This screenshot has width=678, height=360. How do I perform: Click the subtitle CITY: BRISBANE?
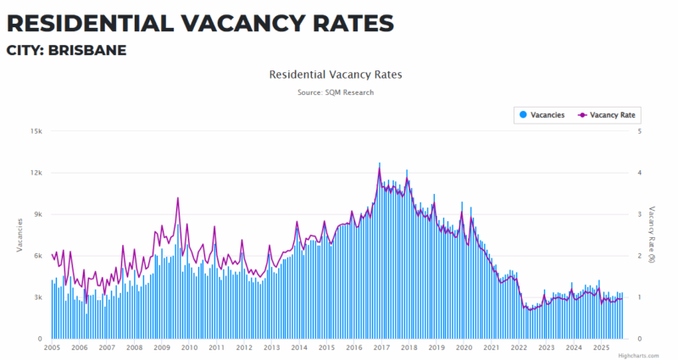tap(67, 51)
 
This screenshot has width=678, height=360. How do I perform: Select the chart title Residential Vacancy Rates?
tap(336, 75)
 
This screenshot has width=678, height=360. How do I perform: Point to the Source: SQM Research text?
tap(336, 92)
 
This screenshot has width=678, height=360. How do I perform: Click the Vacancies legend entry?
tap(542, 114)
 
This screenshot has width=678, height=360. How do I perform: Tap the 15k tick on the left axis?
tap(36, 131)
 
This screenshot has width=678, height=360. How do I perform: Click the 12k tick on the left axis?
tap(36, 173)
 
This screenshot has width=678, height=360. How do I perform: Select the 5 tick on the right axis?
tap(639, 131)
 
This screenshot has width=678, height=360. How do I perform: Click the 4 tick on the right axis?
tap(639, 173)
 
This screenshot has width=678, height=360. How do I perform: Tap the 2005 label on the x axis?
tap(52, 347)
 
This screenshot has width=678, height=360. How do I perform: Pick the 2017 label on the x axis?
tap(381, 347)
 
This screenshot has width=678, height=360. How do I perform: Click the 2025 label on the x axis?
tap(601, 347)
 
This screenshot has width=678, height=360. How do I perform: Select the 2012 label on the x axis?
tap(244, 347)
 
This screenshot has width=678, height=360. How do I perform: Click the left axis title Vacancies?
tap(19, 235)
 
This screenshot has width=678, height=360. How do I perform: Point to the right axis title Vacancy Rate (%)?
tap(653, 235)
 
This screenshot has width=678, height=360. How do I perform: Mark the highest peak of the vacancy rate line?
tap(380, 170)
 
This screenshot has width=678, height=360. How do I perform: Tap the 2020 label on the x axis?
tap(464, 347)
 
